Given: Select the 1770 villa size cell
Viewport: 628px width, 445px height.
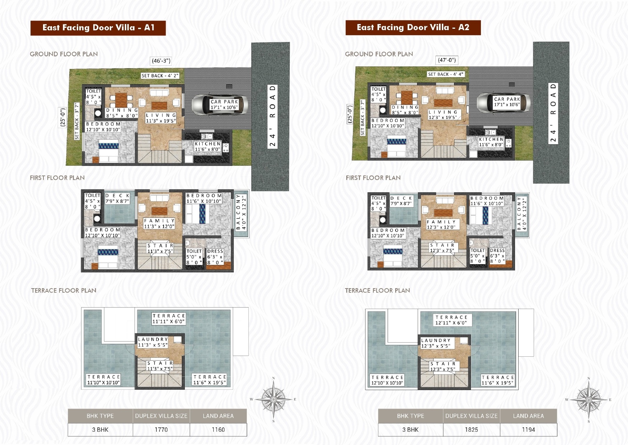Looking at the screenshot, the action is [161, 430].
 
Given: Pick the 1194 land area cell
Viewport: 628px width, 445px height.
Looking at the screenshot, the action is [528, 430].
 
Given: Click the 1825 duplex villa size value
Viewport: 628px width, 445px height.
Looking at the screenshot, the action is [471, 430].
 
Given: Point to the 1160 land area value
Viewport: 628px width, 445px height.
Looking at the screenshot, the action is [218, 430].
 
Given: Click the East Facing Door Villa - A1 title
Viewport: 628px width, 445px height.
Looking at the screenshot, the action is [98, 28].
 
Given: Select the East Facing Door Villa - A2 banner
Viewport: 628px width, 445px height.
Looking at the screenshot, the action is [413, 28].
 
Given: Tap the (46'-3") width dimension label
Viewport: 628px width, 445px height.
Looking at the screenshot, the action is [161, 61].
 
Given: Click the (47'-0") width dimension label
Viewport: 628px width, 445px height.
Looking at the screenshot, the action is [447, 60].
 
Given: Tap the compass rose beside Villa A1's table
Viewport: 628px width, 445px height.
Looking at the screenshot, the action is [274, 399].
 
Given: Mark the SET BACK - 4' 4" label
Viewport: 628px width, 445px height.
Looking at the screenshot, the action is [446, 74].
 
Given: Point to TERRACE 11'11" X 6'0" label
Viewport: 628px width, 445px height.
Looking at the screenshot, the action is [169, 319].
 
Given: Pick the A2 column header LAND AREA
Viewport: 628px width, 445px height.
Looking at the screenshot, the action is [528, 416].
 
